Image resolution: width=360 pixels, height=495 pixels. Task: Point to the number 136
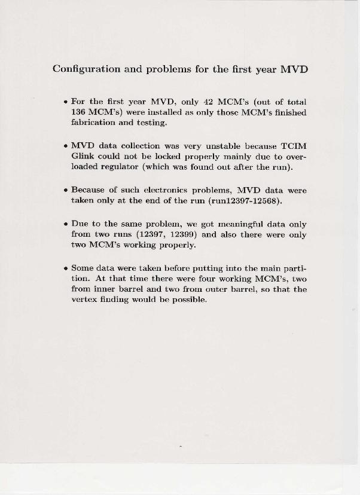coord(78,112)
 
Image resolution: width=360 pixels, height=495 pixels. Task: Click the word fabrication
coord(94,123)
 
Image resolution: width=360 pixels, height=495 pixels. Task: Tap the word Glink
coord(83,157)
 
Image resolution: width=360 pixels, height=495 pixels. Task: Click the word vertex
coord(84,300)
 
